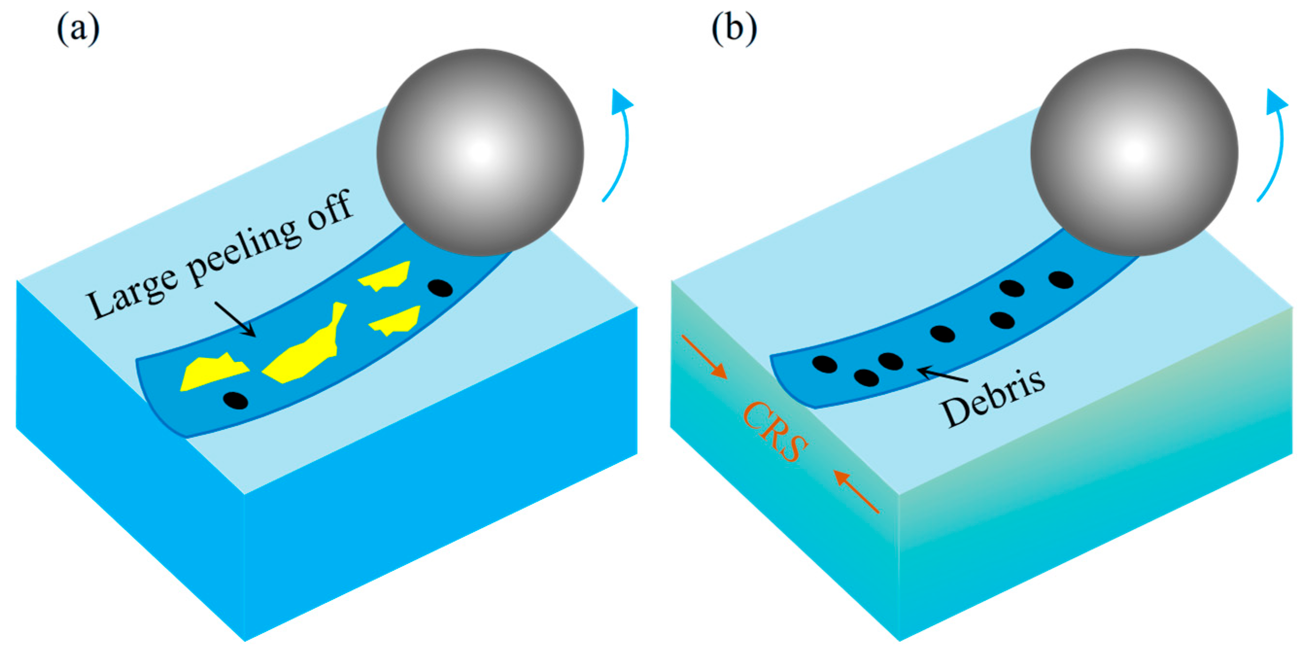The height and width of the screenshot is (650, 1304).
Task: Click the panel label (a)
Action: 78,29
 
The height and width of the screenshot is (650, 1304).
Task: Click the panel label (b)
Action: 734,29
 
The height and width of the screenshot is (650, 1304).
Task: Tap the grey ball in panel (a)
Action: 480,153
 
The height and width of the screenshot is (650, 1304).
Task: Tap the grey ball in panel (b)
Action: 1135,153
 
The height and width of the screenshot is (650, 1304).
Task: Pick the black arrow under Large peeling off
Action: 236,319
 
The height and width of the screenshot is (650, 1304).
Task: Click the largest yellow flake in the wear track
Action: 307,349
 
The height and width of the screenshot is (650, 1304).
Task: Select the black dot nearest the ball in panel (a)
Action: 440,288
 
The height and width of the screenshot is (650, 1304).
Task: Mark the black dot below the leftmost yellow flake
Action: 236,400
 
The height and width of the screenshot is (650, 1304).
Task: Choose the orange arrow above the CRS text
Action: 704,357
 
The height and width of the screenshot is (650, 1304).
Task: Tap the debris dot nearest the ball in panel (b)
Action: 1061,279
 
